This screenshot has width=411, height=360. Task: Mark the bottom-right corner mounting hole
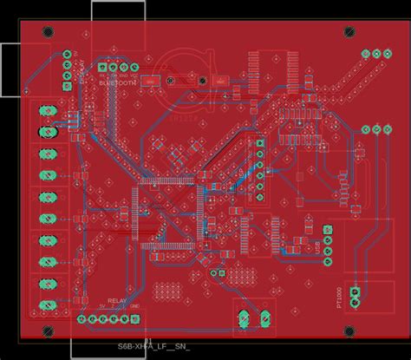pos(349,331)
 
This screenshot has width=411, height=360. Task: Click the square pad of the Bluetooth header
pos(104,68)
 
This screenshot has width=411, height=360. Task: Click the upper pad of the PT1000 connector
pos(354,290)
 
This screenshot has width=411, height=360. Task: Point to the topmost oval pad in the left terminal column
pos(45,112)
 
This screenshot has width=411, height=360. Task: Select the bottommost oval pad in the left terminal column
pos(45,304)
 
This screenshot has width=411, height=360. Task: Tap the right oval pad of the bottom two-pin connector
pos(259,319)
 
